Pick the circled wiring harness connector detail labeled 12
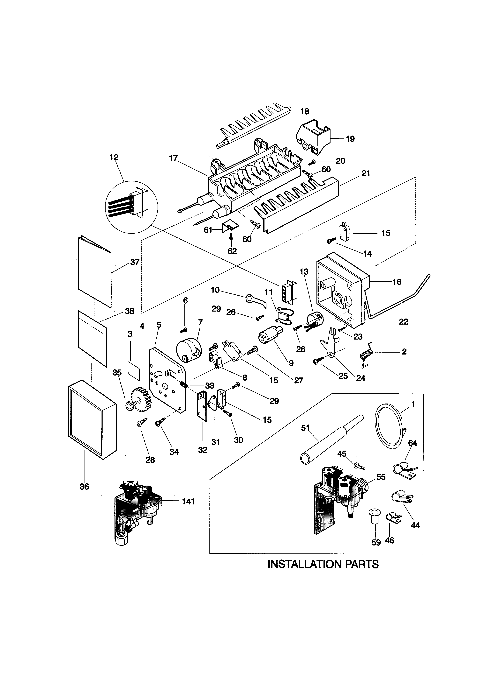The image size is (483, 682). pyautogui.click(x=131, y=207)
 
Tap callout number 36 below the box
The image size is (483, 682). pyautogui.click(x=84, y=487)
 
